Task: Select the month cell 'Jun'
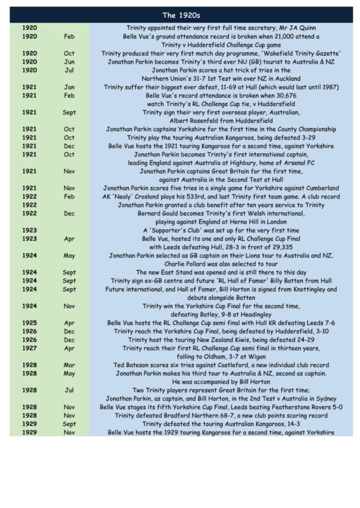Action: tap(70, 62)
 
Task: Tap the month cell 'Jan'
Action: tap(70, 87)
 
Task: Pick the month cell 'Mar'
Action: tap(70, 365)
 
